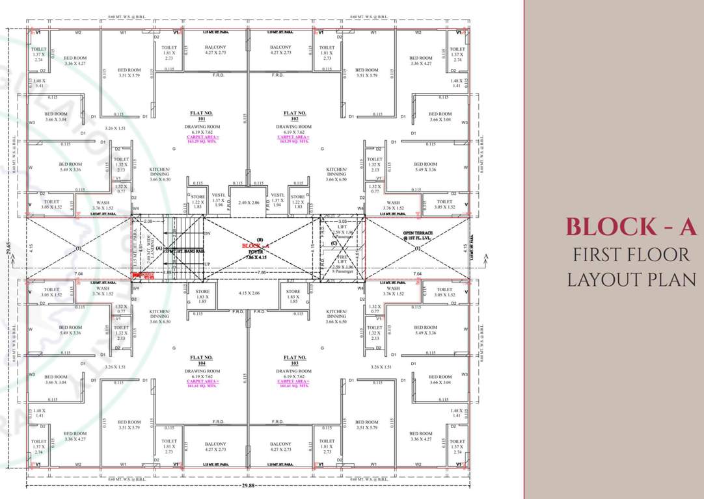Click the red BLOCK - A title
pyautogui.click(x=631, y=227)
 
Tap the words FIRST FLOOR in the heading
pyautogui.click(x=631, y=254)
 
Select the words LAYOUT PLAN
pyautogui.click(x=631, y=279)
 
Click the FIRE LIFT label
pyautogui.click(x=342, y=261)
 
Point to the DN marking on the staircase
pyautogui.click(x=208, y=233)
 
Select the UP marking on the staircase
pyautogui.click(x=208, y=264)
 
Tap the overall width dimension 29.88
pyautogui.click(x=248, y=485)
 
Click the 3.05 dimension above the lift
pyautogui.click(x=342, y=222)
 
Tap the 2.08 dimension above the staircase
pyautogui.click(x=148, y=222)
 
